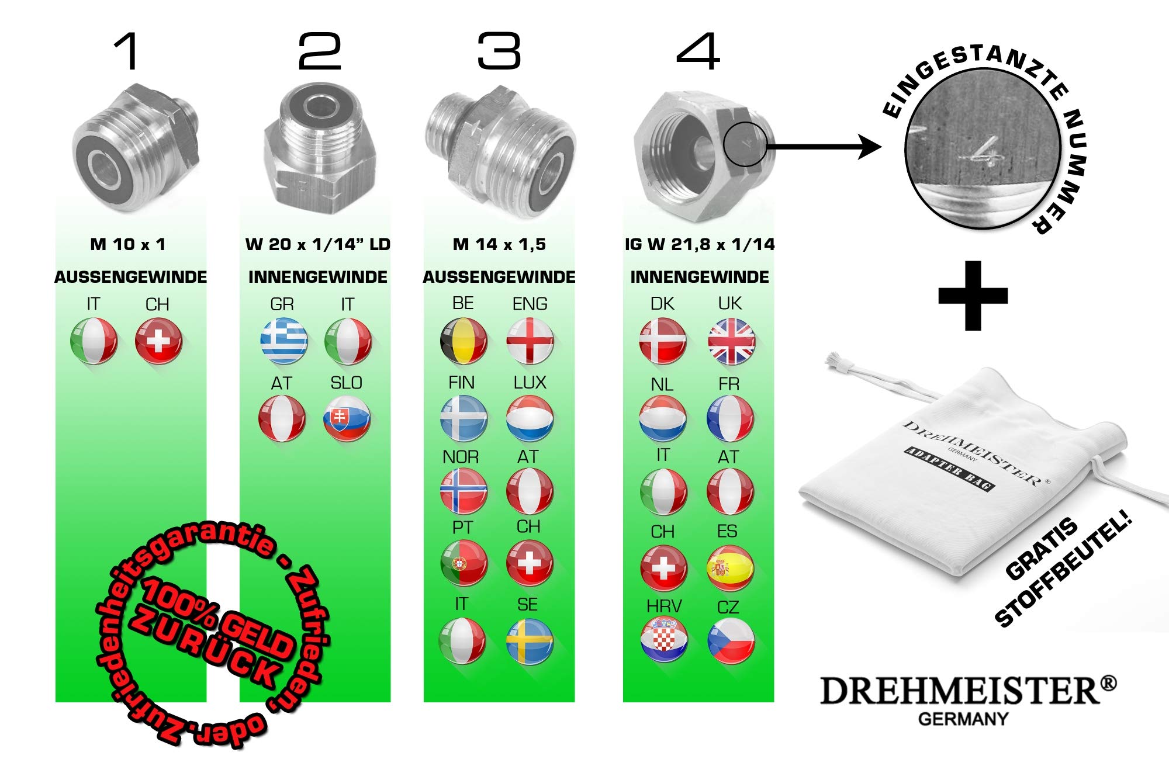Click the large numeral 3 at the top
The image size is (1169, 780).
pyautogui.click(x=499, y=51)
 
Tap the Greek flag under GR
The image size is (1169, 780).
pyautogui.click(x=283, y=341)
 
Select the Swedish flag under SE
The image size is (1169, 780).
pyautogui.click(x=530, y=642)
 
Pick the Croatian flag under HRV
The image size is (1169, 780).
pyautogui.click(x=664, y=639)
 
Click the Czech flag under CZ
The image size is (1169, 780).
pyautogui.click(x=731, y=640)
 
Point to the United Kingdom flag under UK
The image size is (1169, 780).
pyautogui.click(x=731, y=341)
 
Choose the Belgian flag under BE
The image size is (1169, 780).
pyautogui.click(x=464, y=341)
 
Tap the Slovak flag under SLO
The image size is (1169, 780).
pyautogui.click(x=347, y=418)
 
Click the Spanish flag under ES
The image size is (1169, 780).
pyautogui.click(x=730, y=567)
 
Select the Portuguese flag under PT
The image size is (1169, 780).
pyautogui.click(x=464, y=563)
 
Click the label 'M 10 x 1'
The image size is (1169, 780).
pyautogui.click(x=128, y=244)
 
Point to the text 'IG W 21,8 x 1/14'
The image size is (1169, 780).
pyautogui.click(x=700, y=244)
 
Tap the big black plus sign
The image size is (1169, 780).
pyautogui.click(x=973, y=296)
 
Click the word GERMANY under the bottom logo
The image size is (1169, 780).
pyautogui.click(x=963, y=719)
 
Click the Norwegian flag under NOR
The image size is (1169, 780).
pyautogui.click(x=464, y=491)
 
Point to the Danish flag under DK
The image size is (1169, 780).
pyautogui.click(x=663, y=341)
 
